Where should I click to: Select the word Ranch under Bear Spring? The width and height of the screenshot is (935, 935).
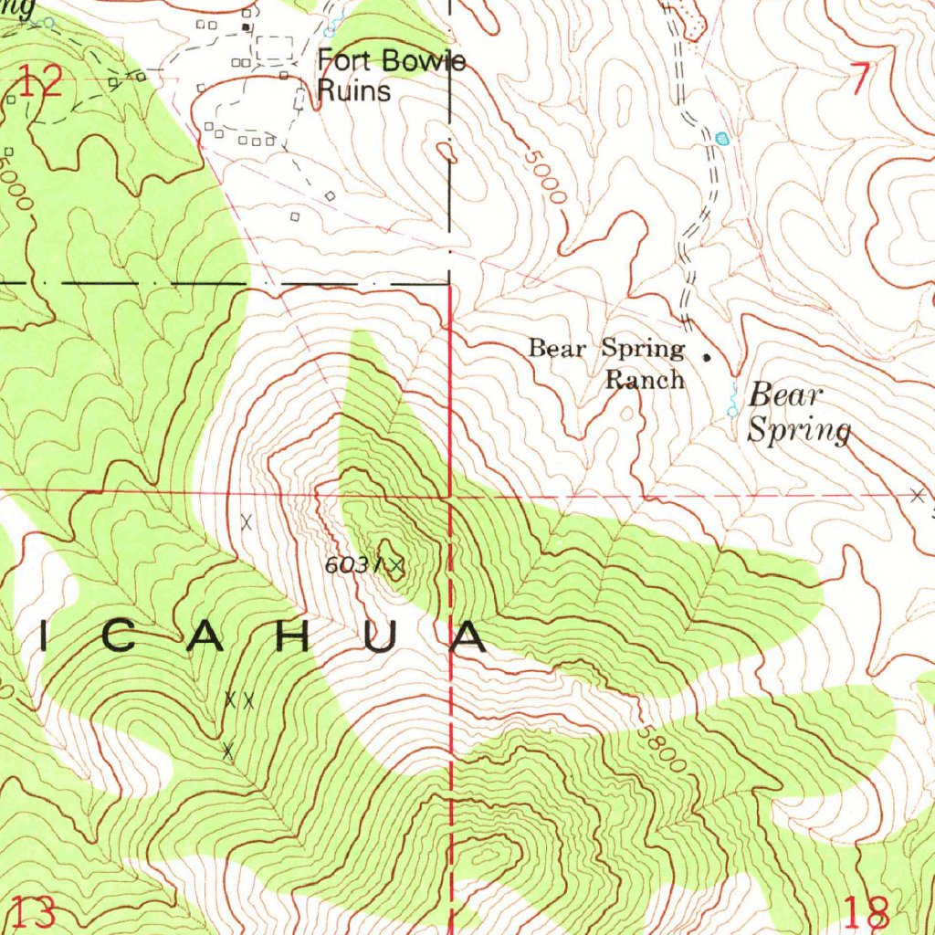tap(646, 379)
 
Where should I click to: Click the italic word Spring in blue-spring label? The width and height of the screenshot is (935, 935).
tap(799, 429)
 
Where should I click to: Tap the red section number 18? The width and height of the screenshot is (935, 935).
tap(867, 912)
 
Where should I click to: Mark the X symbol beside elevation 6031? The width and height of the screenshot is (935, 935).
tap(397, 567)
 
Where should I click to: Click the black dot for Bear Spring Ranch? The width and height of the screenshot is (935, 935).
tap(706, 356)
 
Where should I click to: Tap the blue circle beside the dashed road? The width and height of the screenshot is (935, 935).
tap(723, 139)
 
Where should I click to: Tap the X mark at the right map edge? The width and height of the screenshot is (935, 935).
tap(917, 496)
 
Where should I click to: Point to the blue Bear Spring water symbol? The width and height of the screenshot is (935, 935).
tap(732, 402)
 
